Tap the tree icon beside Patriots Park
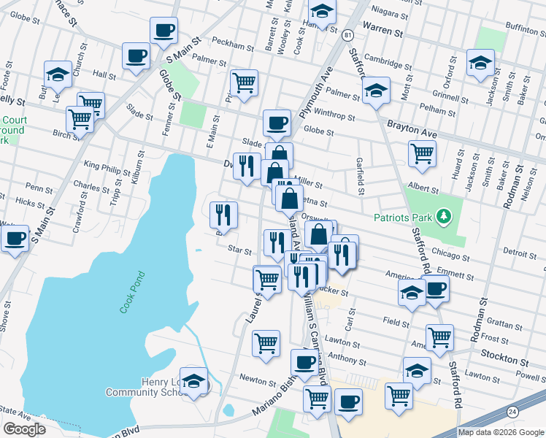[442, 216]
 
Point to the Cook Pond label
[133, 293]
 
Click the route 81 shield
[347, 35]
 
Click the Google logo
[24, 429]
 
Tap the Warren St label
[382, 32]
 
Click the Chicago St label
[450, 255]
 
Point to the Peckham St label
[233, 46]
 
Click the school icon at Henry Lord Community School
[194, 380]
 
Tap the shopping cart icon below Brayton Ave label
[422, 153]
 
